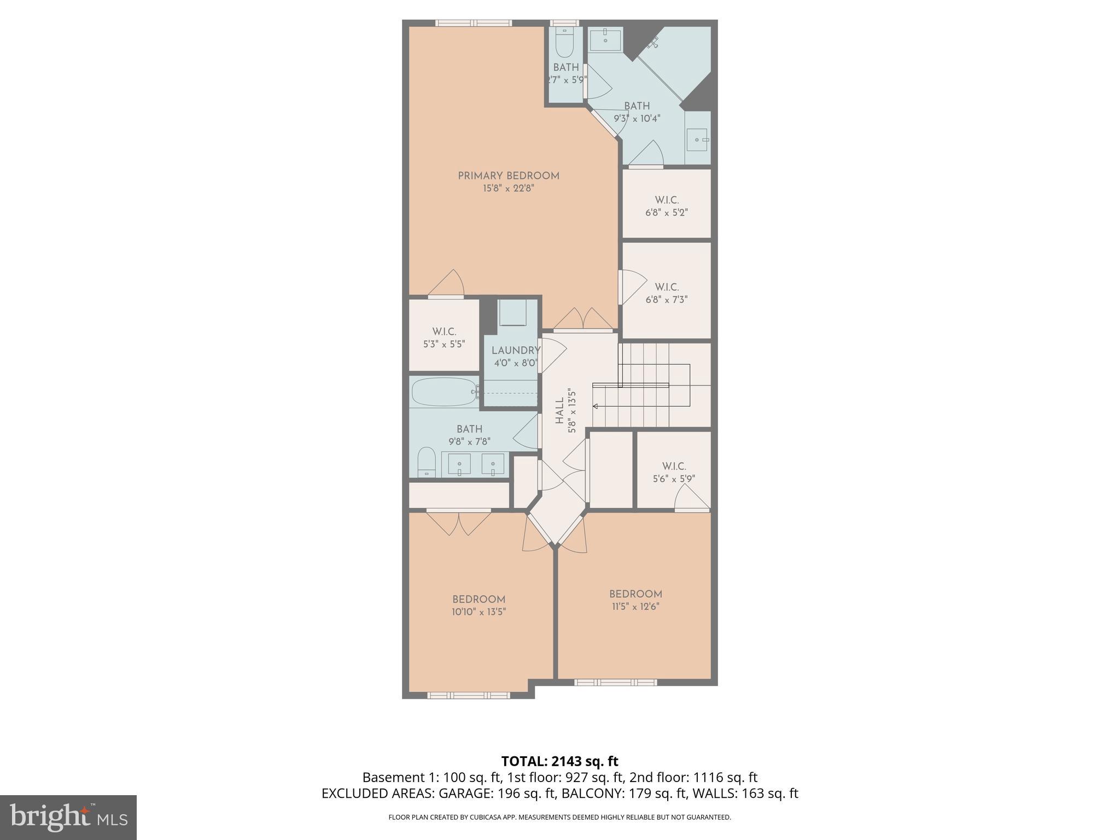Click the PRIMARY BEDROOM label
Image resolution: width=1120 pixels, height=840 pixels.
509,176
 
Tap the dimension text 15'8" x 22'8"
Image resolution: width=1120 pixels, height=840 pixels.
509,189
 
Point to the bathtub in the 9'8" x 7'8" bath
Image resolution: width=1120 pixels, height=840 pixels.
444,392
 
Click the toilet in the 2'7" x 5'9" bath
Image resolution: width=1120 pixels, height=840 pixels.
563,43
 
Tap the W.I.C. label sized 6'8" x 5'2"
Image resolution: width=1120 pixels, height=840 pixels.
667,200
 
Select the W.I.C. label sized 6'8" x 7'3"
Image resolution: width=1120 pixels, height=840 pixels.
667,287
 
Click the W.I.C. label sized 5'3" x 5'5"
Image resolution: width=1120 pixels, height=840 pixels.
444,332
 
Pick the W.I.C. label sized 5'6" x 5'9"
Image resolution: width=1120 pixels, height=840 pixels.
674,466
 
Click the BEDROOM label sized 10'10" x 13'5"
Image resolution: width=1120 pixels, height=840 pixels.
479,599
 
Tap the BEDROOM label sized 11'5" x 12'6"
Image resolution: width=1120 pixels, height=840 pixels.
635,594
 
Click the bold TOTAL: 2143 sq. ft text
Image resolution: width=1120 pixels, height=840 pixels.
559,761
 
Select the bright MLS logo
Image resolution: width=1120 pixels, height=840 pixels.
68,817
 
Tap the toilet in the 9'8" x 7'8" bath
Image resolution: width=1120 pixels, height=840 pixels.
426,462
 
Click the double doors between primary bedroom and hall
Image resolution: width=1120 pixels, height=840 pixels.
583,320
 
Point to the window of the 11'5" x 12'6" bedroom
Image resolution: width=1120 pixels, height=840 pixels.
615,682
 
